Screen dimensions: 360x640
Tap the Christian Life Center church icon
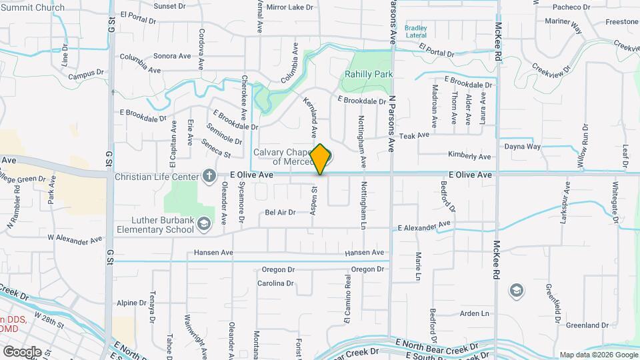click(x=209, y=176)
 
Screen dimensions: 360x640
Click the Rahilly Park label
click(x=368, y=75)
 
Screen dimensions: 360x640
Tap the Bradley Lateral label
click(x=416, y=31)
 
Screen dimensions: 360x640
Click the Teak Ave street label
click(x=414, y=135)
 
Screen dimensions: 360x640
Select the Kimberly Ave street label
click(x=469, y=156)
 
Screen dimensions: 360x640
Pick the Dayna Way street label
click(x=522, y=147)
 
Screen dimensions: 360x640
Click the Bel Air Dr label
click(x=280, y=213)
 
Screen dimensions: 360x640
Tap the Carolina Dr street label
click(x=275, y=283)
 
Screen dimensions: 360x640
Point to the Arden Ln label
click(x=475, y=313)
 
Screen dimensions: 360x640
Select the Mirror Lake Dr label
click(x=289, y=7)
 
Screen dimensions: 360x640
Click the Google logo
click(x=22, y=351)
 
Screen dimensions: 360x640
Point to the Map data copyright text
click(x=597, y=355)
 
